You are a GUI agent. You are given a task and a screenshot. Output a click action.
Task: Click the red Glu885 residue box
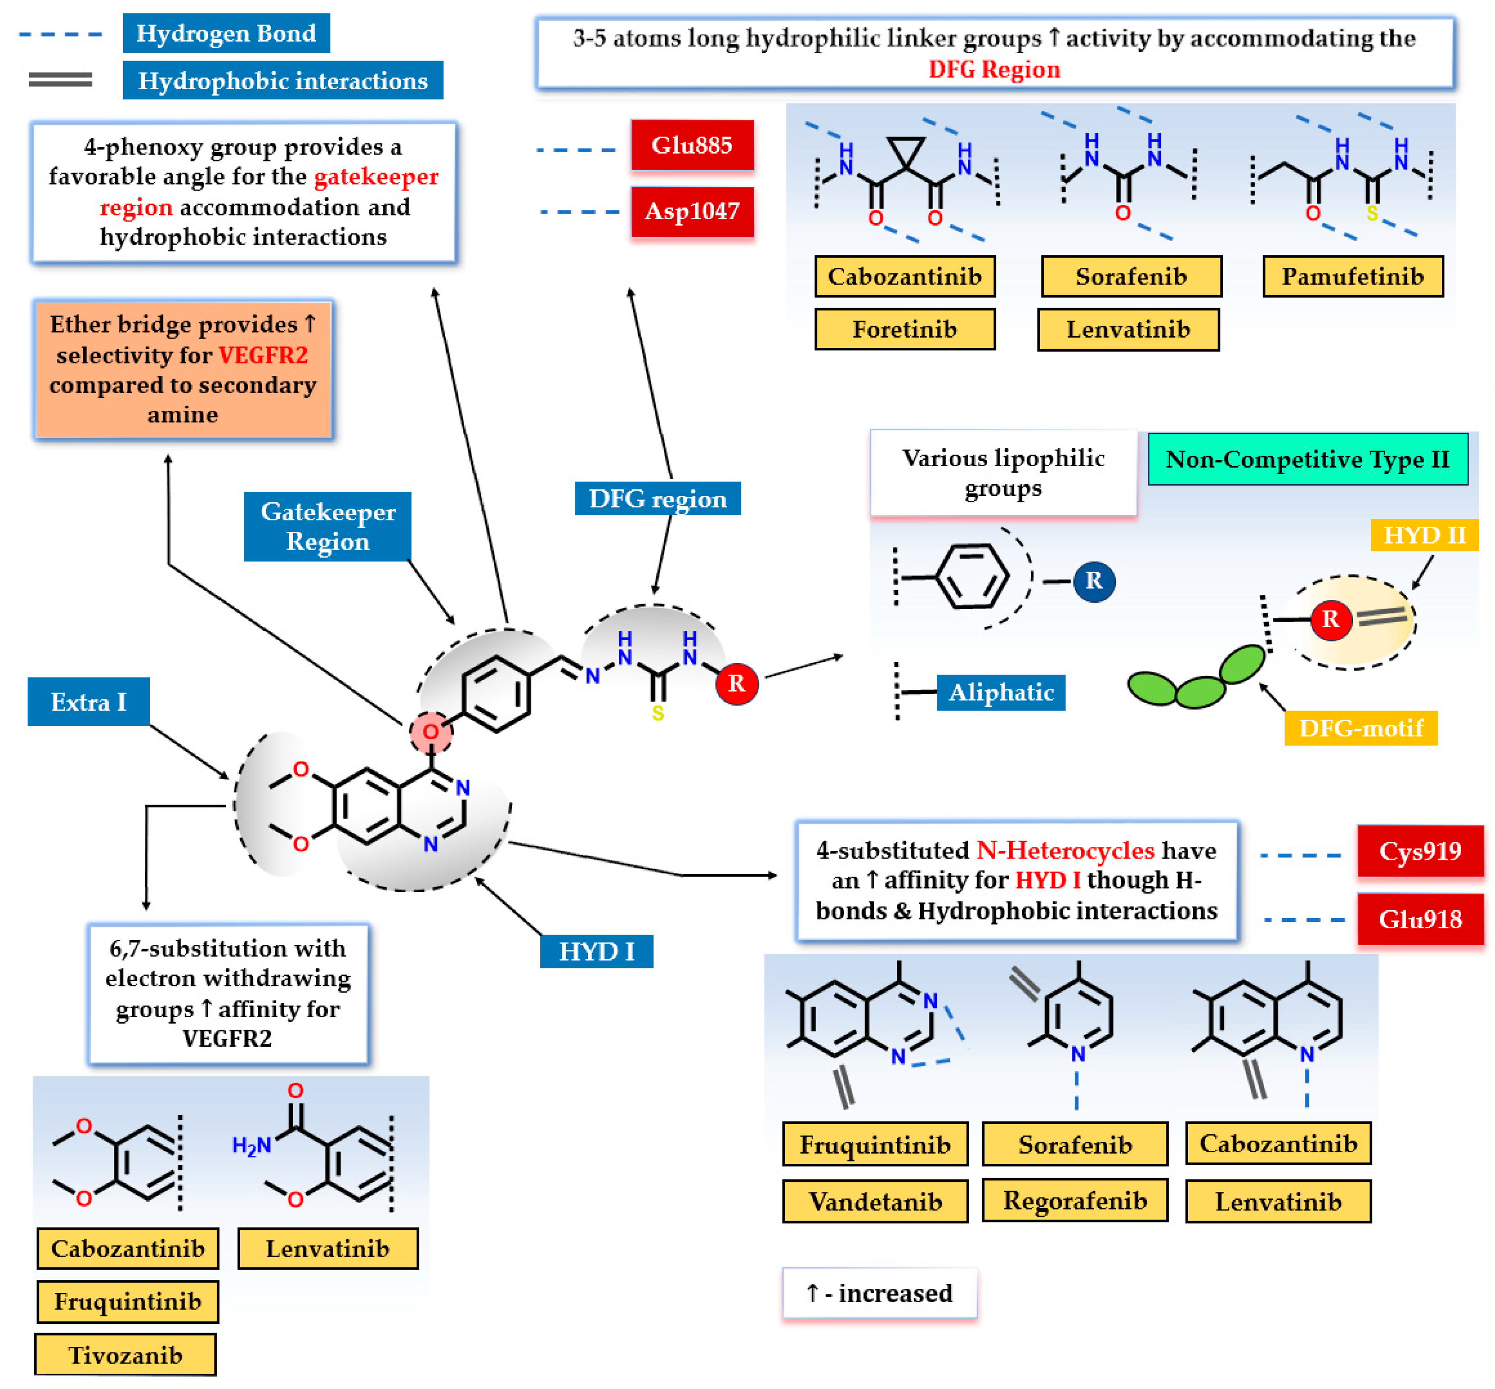pos(692,145)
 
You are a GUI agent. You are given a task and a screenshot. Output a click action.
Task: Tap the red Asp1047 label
pos(692,211)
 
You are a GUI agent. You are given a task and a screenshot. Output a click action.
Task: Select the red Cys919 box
pos(1420,851)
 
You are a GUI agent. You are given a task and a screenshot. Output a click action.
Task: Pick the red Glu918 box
pos(1420,919)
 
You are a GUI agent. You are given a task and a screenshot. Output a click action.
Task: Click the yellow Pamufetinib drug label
pos(1352,277)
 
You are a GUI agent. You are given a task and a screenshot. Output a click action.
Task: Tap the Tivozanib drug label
pos(125,1355)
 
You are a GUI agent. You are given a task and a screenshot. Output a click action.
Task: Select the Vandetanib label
pos(875,1201)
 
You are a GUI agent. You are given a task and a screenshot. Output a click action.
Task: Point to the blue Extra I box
pos(88,702)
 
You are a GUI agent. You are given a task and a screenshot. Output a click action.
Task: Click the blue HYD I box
pos(596,951)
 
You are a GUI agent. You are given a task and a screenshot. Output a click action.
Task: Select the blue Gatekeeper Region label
pos(327,527)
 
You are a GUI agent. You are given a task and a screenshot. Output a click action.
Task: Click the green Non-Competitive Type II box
pos(1307,459)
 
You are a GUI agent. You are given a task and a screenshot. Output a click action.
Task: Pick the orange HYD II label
pos(1424,535)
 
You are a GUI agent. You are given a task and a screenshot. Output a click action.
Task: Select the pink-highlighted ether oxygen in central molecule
pos(431,731)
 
